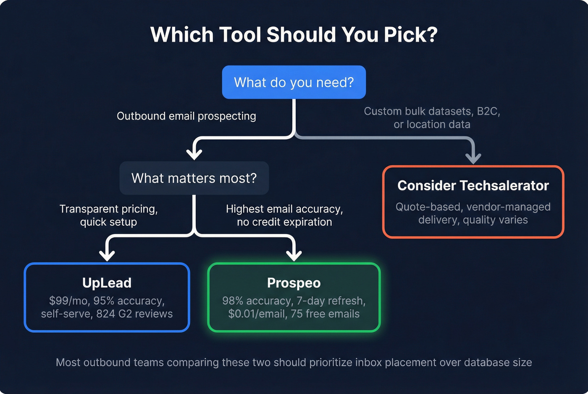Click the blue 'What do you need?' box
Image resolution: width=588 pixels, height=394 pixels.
(294, 82)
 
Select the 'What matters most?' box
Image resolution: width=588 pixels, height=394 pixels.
(194, 178)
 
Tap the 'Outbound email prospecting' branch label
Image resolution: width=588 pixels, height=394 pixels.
(186, 116)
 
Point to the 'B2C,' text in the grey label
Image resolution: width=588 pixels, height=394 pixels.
(488, 111)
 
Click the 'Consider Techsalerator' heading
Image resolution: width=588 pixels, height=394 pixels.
(473, 185)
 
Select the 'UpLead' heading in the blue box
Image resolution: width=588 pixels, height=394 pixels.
(107, 283)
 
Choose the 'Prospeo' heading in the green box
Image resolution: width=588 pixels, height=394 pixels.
(294, 283)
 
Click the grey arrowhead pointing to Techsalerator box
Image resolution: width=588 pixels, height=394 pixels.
(473, 158)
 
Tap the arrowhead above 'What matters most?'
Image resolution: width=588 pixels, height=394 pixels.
(194, 153)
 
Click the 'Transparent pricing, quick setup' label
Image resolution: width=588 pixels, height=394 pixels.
(108, 215)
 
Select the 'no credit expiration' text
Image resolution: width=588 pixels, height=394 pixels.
(284, 222)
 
